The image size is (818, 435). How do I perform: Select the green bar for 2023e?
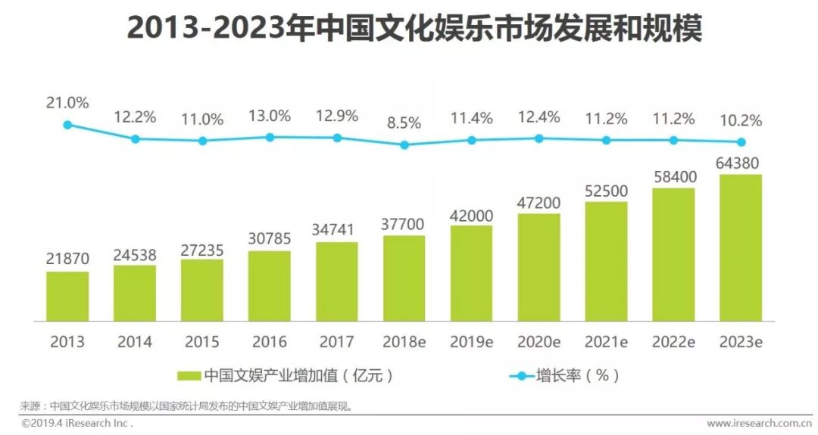click(x=741, y=246)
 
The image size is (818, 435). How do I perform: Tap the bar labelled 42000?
click(x=471, y=272)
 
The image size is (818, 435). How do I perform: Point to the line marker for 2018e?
click(x=404, y=144)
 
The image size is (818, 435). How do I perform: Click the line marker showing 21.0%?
click(x=67, y=125)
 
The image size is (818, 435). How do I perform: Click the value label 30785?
click(x=270, y=239)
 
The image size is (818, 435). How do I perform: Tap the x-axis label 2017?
click(x=337, y=341)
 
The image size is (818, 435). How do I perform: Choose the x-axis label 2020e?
click(x=539, y=341)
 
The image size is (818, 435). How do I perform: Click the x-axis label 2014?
click(x=135, y=341)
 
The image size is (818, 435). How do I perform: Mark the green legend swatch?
click(x=188, y=376)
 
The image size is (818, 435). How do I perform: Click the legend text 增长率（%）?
click(x=578, y=376)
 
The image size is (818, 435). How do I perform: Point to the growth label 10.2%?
click(x=741, y=121)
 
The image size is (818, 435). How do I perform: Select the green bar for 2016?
click(x=270, y=284)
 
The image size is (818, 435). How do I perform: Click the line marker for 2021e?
click(x=606, y=140)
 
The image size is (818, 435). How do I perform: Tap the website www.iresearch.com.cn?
click(x=760, y=423)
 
